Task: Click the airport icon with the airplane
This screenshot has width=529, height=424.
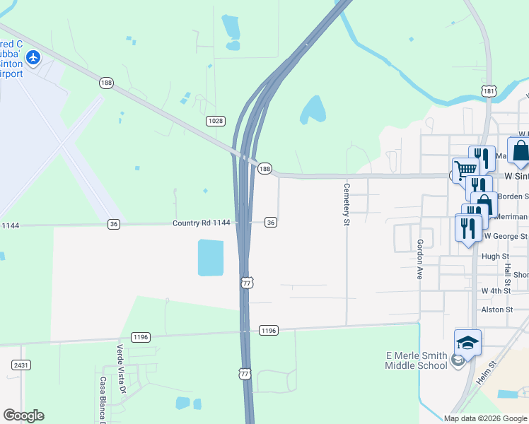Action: (33, 56)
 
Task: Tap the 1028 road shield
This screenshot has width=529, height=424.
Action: (216, 122)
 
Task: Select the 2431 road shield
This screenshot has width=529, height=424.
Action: (20, 365)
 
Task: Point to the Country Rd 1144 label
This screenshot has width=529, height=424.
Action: (202, 223)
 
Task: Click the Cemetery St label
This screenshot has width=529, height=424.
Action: (347, 205)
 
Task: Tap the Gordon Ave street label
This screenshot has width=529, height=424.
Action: (419, 259)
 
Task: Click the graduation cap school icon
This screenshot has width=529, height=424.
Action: (467, 343)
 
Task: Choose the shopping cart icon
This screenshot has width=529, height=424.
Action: (465, 170)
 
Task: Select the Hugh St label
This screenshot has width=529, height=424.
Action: (495, 257)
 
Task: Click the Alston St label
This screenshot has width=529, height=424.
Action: (496, 310)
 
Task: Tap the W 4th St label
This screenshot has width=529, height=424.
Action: (496, 290)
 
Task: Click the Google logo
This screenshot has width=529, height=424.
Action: (23, 416)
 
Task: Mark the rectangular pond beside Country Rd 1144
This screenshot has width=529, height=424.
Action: (210, 257)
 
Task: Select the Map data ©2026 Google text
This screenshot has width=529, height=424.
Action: (484, 418)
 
